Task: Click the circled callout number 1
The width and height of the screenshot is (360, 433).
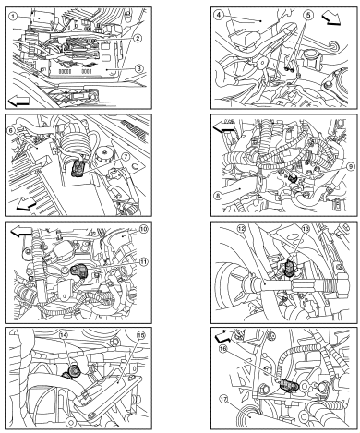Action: coord(13,16)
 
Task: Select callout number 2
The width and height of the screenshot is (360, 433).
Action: coord(138,38)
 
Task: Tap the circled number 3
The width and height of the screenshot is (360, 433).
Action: coord(139,68)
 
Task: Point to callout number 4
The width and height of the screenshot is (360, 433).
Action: coord(218,15)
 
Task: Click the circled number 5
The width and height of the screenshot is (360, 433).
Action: coord(309,15)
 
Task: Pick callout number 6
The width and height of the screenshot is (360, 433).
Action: coord(11,130)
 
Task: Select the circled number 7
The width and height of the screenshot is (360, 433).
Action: coord(126,156)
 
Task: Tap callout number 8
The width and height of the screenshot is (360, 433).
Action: coord(217,195)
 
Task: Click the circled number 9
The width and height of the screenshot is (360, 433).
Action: coord(350,166)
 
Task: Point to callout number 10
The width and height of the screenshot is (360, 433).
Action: coord(143,229)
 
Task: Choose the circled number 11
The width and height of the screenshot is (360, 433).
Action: coord(143,262)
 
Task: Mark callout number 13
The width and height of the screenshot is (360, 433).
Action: coord(306,229)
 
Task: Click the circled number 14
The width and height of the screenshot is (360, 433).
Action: coord(64,335)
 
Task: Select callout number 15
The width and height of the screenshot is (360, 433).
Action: coord(140,335)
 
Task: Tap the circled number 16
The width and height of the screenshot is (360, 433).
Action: coord(223,349)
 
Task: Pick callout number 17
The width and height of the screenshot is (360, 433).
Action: coord(224,399)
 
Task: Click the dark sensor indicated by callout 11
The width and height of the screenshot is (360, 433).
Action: coord(78,271)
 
